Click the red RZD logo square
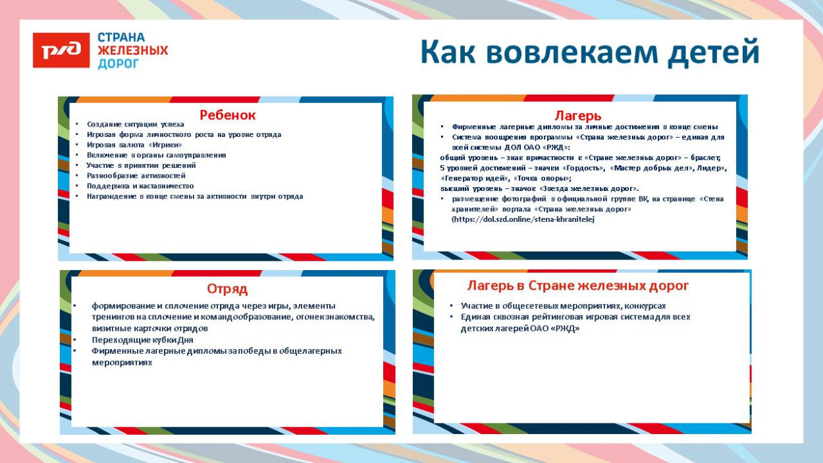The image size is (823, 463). coord(61,50)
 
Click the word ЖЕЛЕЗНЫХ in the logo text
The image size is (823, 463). coord(132,51)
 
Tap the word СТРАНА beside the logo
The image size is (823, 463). coord(121,38)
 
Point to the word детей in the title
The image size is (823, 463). coord(713,52)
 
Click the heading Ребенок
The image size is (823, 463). coord(227,115)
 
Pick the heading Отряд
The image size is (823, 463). coord(227,288)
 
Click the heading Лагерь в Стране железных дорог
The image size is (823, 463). coord(577,285)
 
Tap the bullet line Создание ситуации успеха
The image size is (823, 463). coord(136,124)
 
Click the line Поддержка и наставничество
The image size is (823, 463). coord(140,186)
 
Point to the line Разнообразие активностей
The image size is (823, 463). coord(136,176)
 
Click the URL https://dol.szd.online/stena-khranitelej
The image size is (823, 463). coord(523,219)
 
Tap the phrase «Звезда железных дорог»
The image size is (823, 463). coord(597,188)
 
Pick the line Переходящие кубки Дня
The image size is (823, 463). coord(142,340)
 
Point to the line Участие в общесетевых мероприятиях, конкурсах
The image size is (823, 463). coord(563,306)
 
